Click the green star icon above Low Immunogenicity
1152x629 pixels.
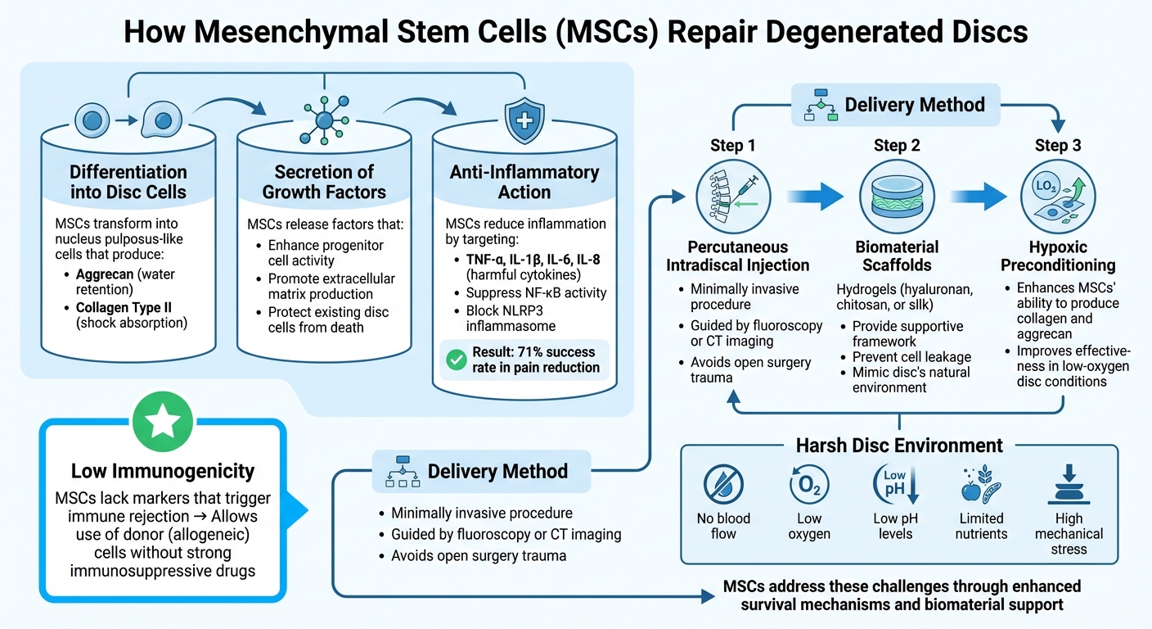(162, 422)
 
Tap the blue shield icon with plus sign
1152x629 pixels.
(524, 121)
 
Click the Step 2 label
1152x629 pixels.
(896, 146)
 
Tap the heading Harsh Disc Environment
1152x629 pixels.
(899, 446)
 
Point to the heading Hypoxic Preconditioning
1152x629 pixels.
(1058, 256)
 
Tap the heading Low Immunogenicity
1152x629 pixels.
(162, 471)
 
